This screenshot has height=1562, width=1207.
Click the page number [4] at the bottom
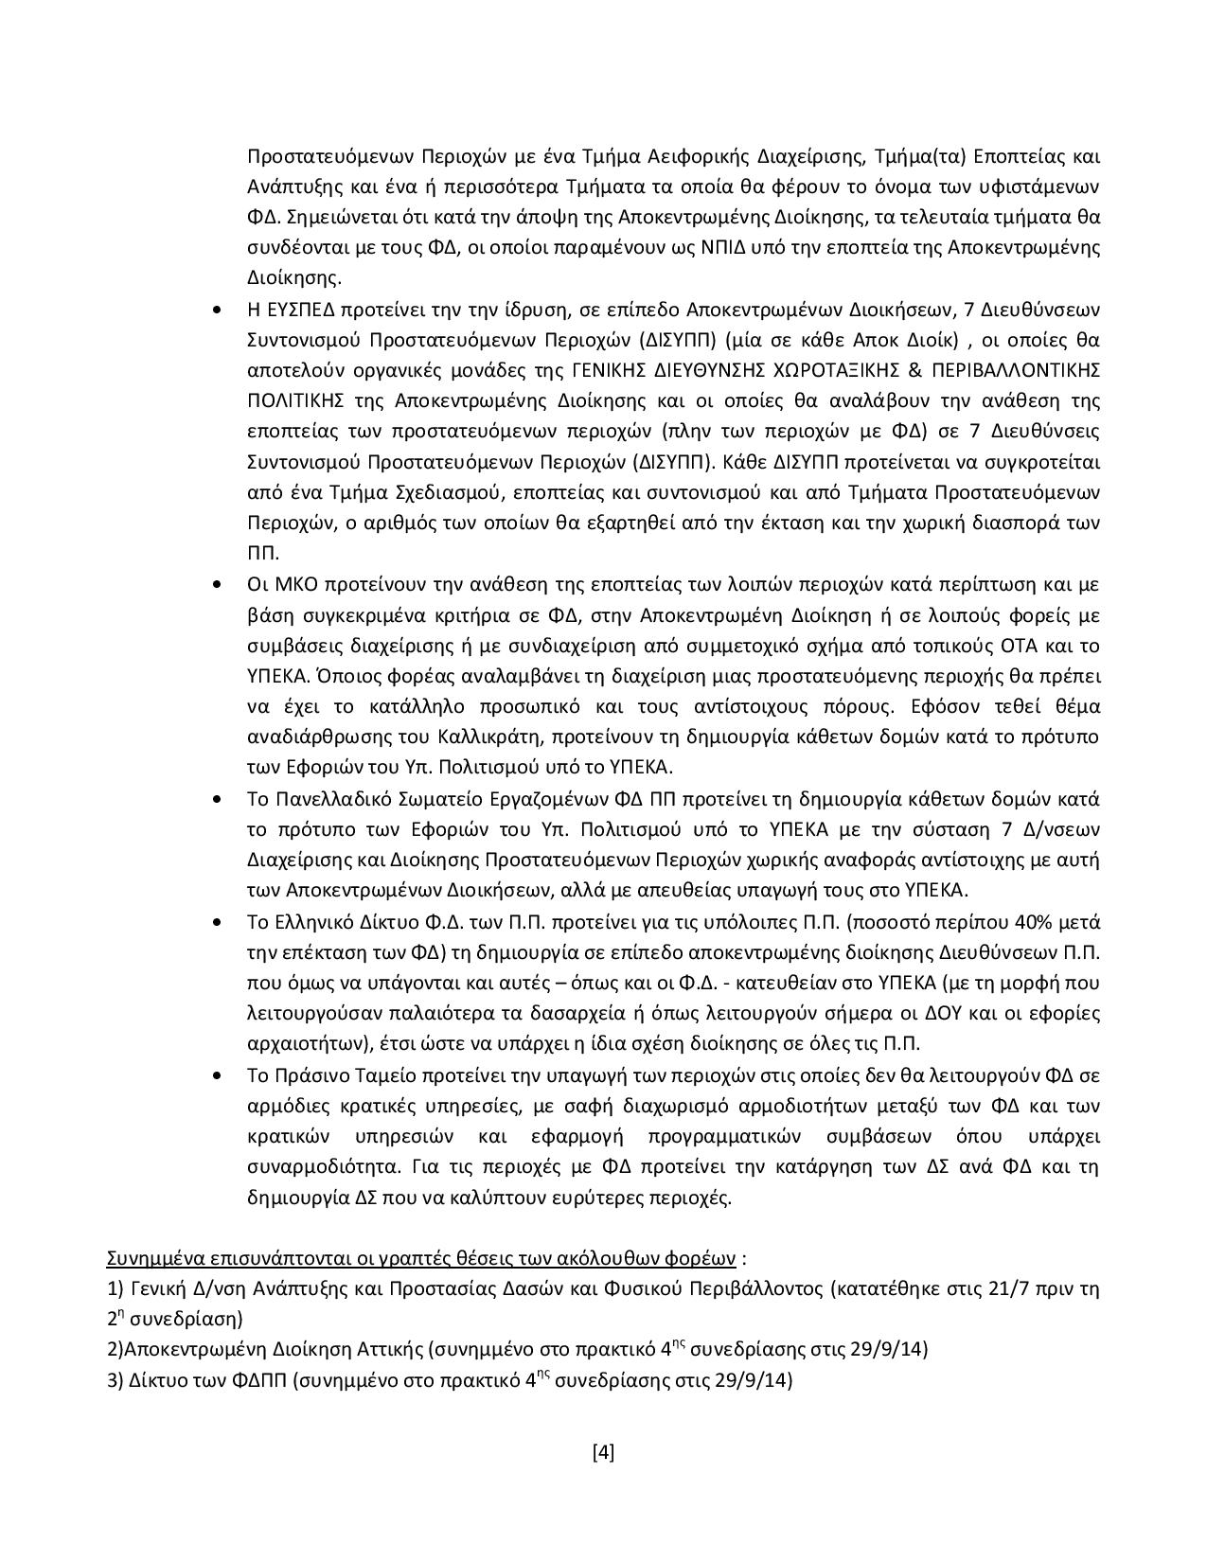click(x=603, y=1451)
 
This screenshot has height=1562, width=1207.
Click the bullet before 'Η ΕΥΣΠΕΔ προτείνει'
click(x=220, y=310)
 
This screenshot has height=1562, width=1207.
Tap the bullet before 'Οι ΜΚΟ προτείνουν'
click(x=220, y=585)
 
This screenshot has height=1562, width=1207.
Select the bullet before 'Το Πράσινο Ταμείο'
click(x=220, y=1075)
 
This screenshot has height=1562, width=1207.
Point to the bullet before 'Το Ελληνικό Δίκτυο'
click(x=220, y=922)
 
